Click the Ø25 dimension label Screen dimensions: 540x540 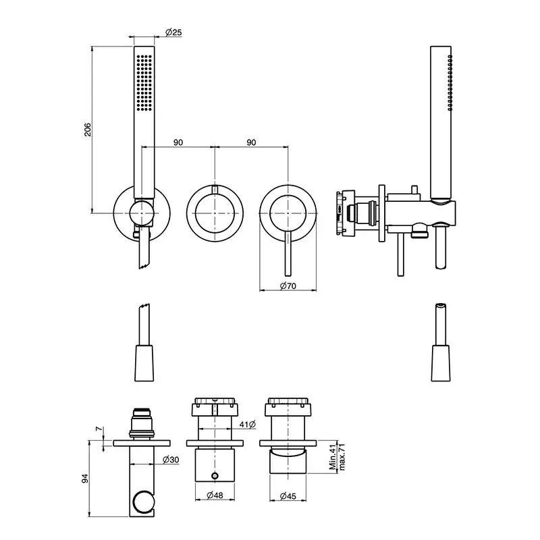click(x=173, y=32)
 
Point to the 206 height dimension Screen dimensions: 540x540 click(x=88, y=130)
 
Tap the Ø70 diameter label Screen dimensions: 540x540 click(x=288, y=286)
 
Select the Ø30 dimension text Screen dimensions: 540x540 click(x=171, y=460)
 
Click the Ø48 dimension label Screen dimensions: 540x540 click(x=215, y=495)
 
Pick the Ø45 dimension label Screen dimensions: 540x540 click(x=288, y=496)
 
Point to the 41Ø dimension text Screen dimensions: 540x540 click(x=248, y=425)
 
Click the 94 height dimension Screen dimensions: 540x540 click(x=85, y=479)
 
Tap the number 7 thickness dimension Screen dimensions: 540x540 click(x=99, y=429)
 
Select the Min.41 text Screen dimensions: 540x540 click(x=332, y=458)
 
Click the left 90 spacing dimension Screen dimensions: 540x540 click(x=178, y=142)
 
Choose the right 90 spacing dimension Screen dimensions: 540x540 click(x=251, y=142)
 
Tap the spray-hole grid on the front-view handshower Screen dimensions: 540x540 click(x=144, y=82)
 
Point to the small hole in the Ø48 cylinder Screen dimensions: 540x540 click(x=215, y=476)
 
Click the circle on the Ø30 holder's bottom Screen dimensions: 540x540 click(x=142, y=502)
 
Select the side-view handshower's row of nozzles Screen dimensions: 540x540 click(x=450, y=82)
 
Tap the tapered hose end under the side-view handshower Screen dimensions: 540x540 click(x=441, y=363)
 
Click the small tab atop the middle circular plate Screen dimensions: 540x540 click(x=215, y=190)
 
